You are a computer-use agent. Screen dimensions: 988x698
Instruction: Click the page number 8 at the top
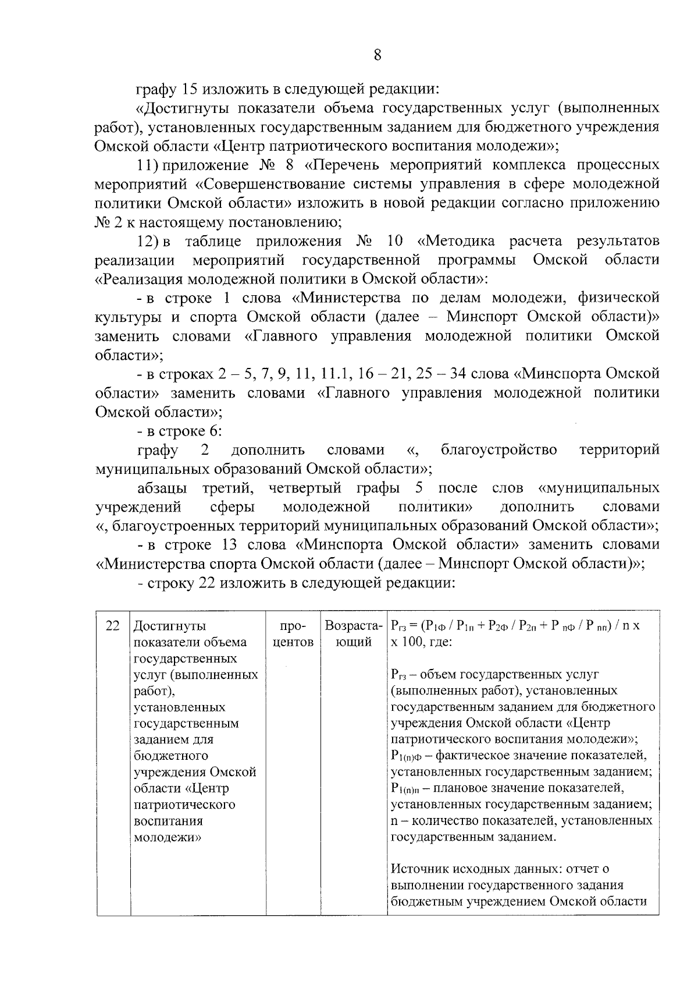pyautogui.click(x=378, y=55)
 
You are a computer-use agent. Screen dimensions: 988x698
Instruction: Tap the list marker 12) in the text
pyautogui.click(x=150, y=241)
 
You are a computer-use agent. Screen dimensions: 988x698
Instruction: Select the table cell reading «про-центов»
pyautogui.click(x=293, y=634)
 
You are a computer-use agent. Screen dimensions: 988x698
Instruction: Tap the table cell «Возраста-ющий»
pyautogui.click(x=354, y=634)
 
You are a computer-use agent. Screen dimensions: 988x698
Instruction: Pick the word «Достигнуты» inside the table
pyautogui.click(x=170, y=626)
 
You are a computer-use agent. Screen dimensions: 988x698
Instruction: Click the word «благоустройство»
pyautogui.click(x=498, y=449)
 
